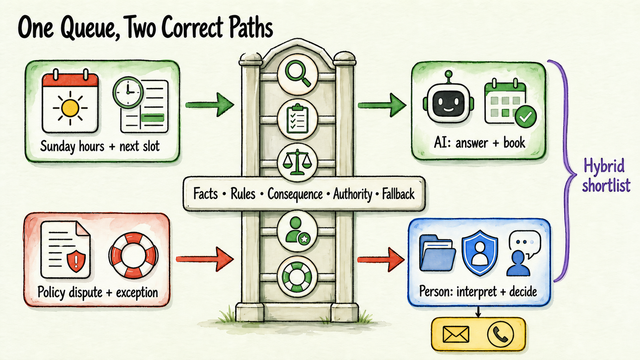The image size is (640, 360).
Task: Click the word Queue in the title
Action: pos(91,29)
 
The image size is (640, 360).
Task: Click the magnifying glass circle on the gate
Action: pos(297,74)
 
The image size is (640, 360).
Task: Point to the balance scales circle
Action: pos(297,162)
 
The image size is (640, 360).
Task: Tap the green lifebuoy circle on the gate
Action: pos(297,276)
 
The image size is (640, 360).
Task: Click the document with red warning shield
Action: pos(65,250)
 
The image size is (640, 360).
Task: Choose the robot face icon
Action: pos(448,100)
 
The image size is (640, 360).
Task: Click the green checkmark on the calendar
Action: pos(526,116)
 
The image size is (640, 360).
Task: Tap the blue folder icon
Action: pos(437,252)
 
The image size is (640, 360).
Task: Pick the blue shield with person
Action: pos(480,252)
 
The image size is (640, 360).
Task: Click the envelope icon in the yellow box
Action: pos(456,334)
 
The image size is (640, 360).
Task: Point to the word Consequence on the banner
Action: pos(295,194)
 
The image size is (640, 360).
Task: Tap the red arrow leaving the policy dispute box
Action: pos(205,259)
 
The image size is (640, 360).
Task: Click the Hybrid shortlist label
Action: pos(606,176)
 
